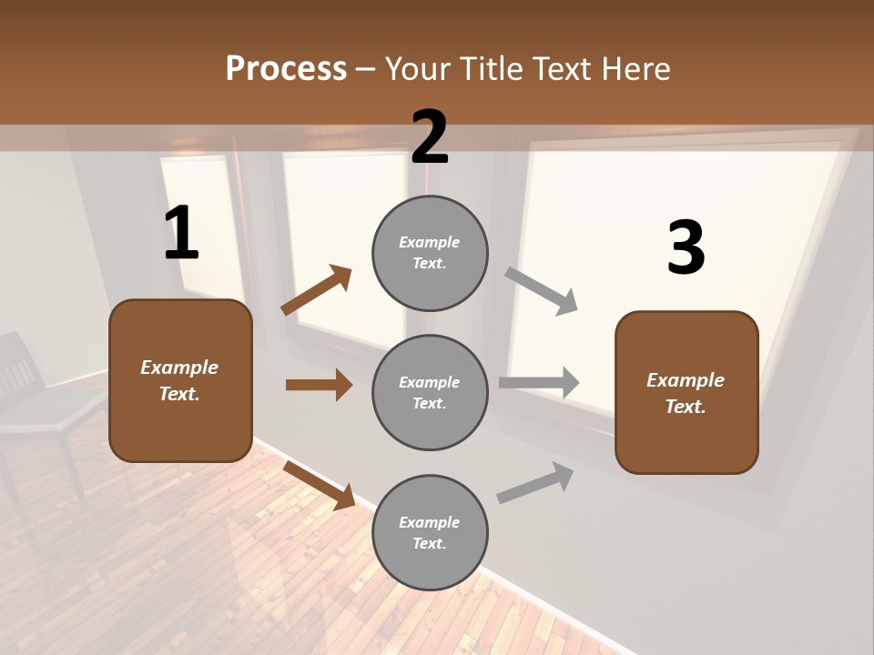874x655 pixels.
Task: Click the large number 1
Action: click(x=181, y=234)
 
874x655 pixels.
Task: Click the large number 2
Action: click(x=430, y=137)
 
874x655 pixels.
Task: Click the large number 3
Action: click(x=686, y=247)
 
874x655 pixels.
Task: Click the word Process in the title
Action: click(x=286, y=68)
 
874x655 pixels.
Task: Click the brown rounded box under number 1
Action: click(x=180, y=380)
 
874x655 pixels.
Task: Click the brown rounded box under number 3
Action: click(x=686, y=392)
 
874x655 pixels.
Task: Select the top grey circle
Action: click(x=430, y=253)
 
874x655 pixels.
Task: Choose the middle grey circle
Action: click(x=430, y=392)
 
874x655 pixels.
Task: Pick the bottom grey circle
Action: click(x=430, y=532)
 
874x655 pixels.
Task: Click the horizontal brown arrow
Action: click(x=319, y=385)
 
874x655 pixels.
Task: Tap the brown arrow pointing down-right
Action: click(x=320, y=484)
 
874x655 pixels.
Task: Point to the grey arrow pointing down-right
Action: click(x=542, y=290)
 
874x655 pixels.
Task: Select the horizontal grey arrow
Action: click(x=539, y=383)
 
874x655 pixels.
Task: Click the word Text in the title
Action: click(x=564, y=68)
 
